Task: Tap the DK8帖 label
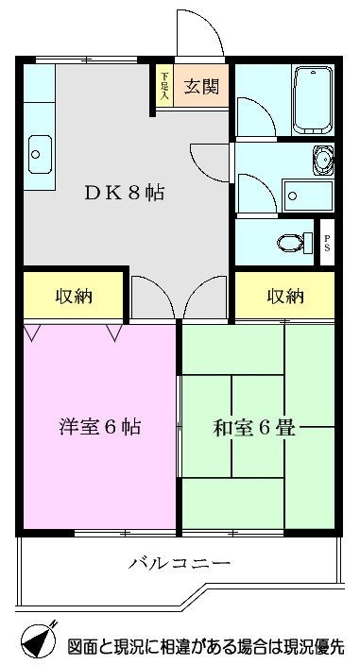tap(125, 193)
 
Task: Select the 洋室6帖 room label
tap(99, 427)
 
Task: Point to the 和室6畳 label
tap(254, 427)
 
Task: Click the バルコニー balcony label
tap(180, 564)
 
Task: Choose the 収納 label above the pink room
tap(73, 297)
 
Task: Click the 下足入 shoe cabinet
tap(164, 86)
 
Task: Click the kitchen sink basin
tap(40, 154)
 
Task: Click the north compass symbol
tap(37, 642)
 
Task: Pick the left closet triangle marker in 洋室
tap(33, 332)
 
